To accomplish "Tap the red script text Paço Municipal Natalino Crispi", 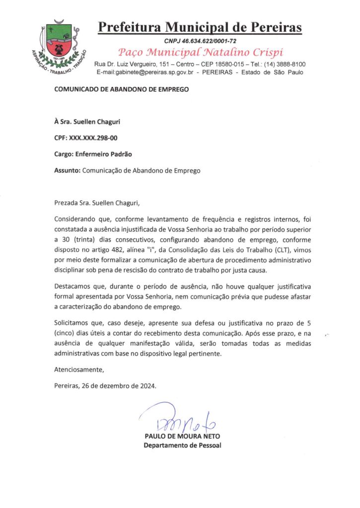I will coord(200,52).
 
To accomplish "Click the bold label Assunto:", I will coord(67,170).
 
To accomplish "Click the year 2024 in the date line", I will coord(146,386).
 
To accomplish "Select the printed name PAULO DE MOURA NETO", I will coord(182,436).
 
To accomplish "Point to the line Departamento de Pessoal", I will coord(182,445).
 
